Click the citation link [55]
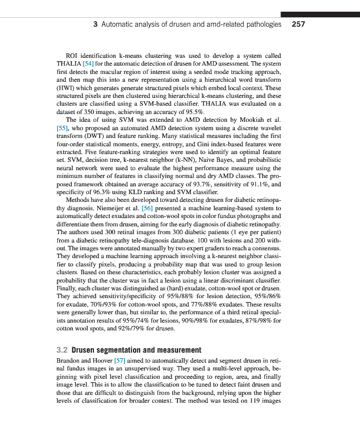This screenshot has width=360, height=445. coord(62,127)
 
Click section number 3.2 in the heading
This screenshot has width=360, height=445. coord(63,350)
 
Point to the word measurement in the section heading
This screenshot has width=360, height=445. coord(175,350)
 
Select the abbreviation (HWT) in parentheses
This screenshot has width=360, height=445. coord(67,88)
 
